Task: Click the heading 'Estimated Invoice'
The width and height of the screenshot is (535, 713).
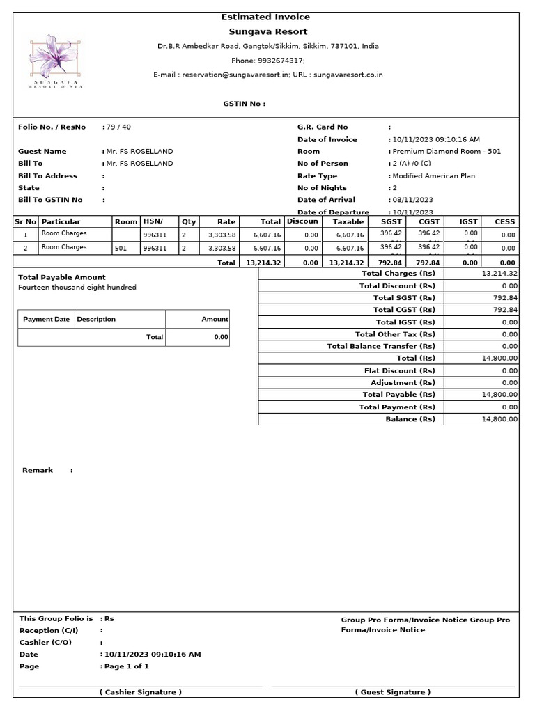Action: coord(265,17)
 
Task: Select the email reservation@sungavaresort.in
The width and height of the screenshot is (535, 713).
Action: coord(230,75)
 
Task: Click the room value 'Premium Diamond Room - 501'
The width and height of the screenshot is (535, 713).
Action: coord(447,151)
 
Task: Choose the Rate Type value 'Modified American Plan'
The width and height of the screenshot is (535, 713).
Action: coord(433,175)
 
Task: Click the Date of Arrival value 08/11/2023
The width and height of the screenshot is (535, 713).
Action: coord(412,200)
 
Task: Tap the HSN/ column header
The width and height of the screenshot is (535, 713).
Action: coord(153,221)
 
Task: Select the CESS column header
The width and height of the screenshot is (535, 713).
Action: coord(504,221)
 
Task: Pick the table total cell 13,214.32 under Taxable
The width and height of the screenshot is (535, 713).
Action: coord(346,263)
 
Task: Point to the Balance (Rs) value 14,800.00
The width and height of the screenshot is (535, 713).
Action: coord(499,419)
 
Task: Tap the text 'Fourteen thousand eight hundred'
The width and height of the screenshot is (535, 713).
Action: coord(77,287)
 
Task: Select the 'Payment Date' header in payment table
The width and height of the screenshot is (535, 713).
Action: coord(46,319)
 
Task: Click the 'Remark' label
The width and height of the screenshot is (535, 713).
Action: coord(38,470)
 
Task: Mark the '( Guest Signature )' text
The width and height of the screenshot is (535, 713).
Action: coord(393,692)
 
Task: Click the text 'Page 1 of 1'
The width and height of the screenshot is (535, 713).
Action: coord(126,666)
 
